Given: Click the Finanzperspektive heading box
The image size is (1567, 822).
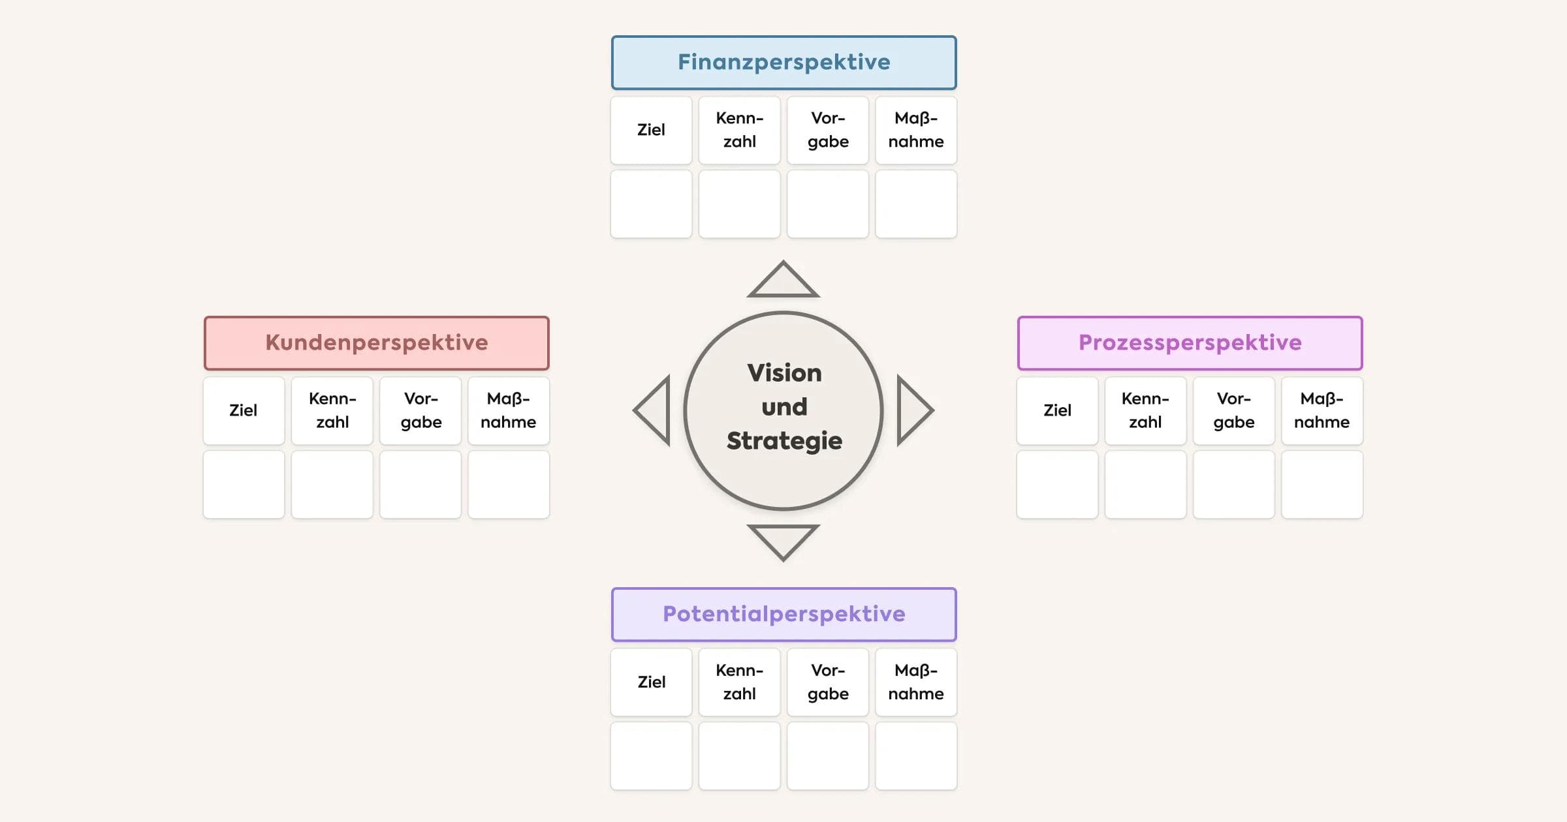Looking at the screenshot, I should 783,63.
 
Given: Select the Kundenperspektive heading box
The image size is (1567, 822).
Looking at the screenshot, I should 377,343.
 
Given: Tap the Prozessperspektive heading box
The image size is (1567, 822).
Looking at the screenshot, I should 1190,343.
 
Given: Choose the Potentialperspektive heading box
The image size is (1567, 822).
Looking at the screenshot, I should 783,615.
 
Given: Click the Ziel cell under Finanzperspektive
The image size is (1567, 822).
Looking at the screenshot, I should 651,130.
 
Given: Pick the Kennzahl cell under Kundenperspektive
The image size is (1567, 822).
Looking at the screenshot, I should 332,411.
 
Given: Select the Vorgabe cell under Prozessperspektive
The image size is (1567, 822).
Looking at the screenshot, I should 1233,411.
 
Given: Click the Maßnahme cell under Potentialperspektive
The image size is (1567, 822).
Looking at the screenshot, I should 916,682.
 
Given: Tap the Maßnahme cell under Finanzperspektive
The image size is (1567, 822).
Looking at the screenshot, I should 916,130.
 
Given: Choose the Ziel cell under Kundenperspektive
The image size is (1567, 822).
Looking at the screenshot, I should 244,411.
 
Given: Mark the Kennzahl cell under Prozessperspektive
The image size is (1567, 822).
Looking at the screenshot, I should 1145,411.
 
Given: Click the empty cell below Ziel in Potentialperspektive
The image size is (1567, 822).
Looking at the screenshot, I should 651,756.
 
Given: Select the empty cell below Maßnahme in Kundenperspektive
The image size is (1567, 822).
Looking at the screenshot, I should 509,485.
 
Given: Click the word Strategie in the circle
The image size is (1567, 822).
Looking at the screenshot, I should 784,441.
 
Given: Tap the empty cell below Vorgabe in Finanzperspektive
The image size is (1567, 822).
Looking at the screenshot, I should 828,204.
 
